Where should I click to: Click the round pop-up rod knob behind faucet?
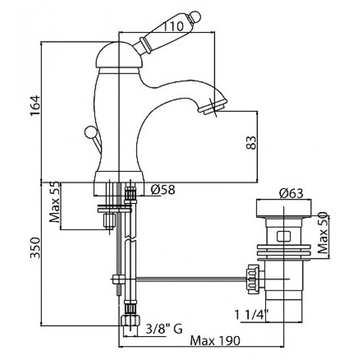(89, 132)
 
